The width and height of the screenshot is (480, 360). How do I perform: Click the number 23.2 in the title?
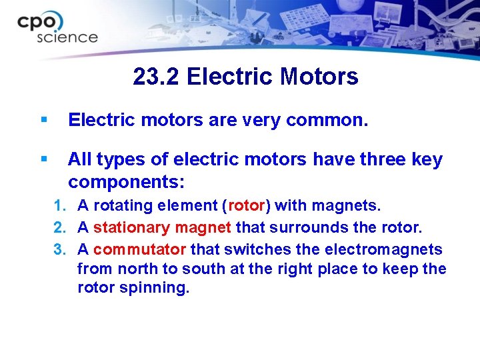tap(157, 77)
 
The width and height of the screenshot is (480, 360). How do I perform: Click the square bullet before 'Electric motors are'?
tap(44, 120)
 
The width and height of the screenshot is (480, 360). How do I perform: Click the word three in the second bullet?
tap(373, 160)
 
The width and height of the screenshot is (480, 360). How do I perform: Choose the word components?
tap(126, 182)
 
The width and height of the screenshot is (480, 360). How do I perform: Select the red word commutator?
tap(140, 249)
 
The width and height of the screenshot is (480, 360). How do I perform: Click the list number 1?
tap(59, 206)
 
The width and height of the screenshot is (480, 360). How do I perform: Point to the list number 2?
tap(59, 228)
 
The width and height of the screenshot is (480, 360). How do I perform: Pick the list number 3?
tap(59, 249)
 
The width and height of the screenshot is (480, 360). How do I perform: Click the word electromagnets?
tap(383, 249)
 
